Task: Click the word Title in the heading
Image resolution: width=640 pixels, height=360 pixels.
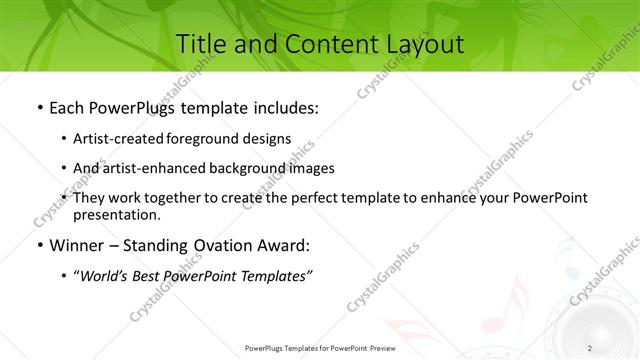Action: [199, 44]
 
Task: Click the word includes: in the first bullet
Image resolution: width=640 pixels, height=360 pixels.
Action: [286, 106]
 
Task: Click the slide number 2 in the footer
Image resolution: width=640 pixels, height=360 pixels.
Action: [590, 347]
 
